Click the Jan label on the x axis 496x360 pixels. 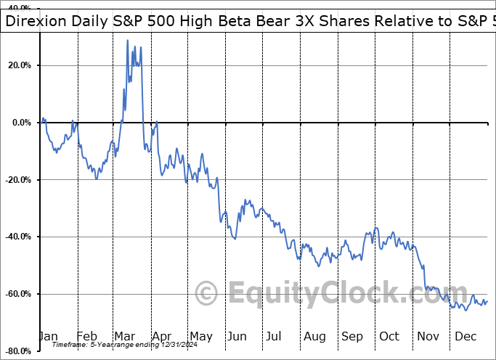48,336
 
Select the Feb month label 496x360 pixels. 86,336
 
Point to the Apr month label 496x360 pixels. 161,336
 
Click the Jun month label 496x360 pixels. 237,336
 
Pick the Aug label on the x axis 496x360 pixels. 315,336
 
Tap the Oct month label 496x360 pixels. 389,336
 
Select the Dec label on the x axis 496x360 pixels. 465,336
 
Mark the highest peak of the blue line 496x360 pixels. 128,41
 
